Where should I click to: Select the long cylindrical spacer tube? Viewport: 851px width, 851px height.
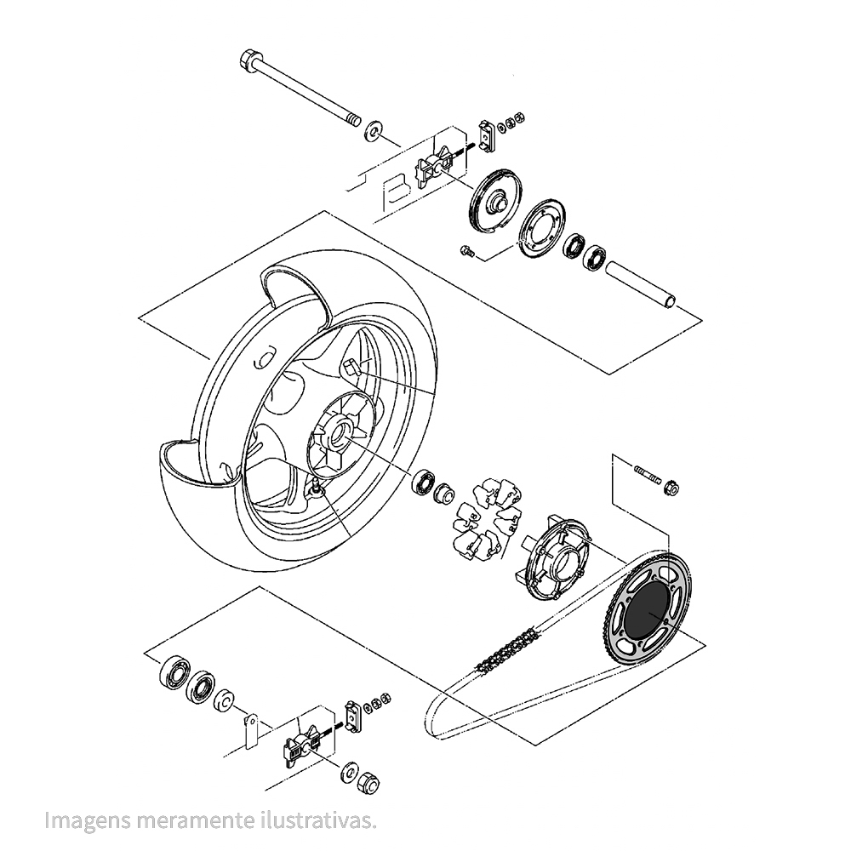[643, 286]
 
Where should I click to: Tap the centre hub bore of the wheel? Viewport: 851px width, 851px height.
[338, 432]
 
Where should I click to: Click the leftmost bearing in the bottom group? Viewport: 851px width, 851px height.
[175, 670]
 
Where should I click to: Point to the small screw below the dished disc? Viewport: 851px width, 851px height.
[465, 250]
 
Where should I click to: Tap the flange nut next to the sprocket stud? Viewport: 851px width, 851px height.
[671, 487]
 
